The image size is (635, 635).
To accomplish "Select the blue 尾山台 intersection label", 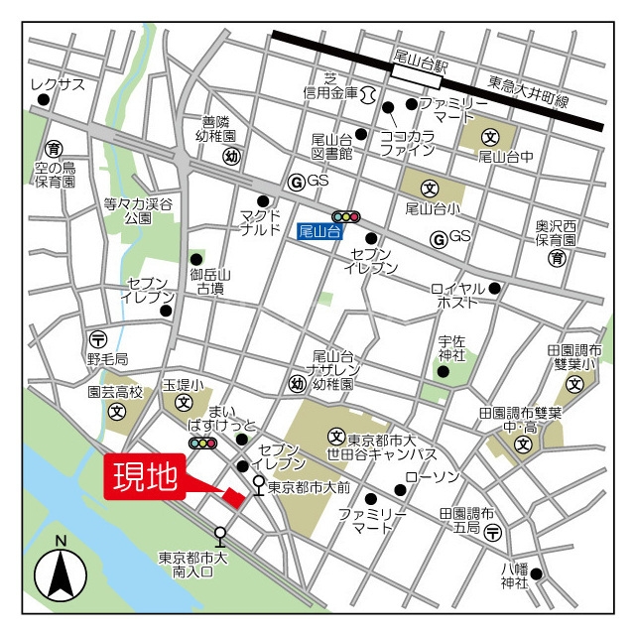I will click(319, 231).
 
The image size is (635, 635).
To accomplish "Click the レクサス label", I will click(58, 84).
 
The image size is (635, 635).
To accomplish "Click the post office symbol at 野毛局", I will click(96, 337).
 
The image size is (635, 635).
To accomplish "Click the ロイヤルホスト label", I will click(458, 295).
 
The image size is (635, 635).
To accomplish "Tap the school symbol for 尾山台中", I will click(489, 137).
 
